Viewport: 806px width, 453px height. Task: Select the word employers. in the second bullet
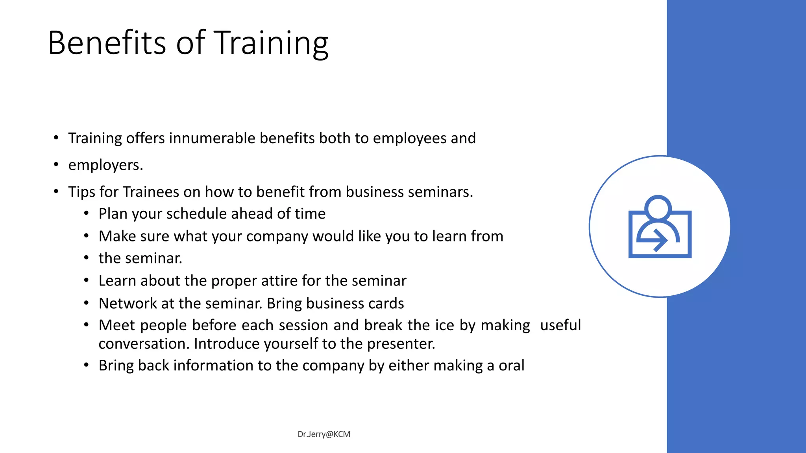click(105, 165)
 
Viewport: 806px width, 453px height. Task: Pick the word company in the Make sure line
click(277, 237)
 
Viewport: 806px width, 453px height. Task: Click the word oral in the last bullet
click(511, 366)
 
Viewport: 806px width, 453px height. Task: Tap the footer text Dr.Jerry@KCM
click(324, 434)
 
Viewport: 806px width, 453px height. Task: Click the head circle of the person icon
click(658, 207)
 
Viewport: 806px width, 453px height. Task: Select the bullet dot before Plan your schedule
click(86, 214)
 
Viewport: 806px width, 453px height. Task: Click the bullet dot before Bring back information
click(86, 366)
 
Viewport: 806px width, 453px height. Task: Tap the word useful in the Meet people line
click(560, 325)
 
